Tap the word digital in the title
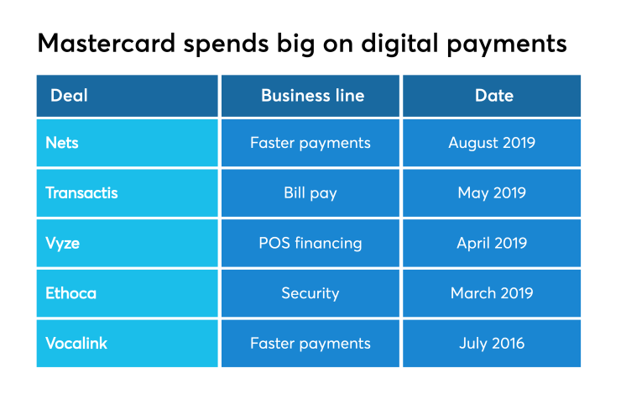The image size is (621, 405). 388,43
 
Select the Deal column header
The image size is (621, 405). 69,96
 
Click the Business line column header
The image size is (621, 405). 312,96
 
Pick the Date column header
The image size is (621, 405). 493,96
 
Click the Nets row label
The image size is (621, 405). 62,143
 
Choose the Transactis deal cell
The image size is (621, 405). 81,193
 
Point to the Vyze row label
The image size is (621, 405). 64,244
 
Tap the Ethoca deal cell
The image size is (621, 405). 70,293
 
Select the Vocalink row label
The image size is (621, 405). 76,344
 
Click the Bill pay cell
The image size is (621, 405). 310,193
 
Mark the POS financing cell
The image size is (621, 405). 310,244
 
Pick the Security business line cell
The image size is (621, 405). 310,293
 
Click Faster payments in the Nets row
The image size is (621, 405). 310,143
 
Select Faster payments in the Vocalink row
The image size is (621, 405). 310,344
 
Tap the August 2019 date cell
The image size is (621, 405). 492,143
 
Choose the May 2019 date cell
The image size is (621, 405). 492,193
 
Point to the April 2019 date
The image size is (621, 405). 492,244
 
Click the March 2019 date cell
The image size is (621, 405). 492,293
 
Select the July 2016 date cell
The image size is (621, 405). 492,344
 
